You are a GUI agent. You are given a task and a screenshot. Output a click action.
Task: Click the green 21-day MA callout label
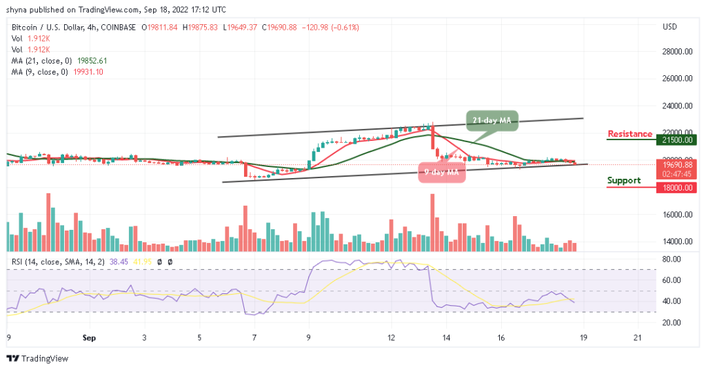pyautogui.click(x=491, y=120)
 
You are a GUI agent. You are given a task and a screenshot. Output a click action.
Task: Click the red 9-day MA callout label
pyautogui.click(x=441, y=172)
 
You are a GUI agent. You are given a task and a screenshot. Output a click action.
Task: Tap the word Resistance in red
pyautogui.click(x=629, y=134)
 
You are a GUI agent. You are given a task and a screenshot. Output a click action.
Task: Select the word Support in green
pyautogui.click(x=624, y=181)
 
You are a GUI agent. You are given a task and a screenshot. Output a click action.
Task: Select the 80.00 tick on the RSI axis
pyautogui.click(x=672, y=260)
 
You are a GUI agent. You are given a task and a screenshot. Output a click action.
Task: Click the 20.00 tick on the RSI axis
pyautogui.click(x=672, y=322)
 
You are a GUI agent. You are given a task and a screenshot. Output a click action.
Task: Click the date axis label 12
pyautogui.click(x=391, y=338)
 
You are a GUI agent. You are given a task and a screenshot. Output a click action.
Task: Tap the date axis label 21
pyautogui.click(x=638, y=338)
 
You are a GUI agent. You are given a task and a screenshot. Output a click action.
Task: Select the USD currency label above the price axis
pyautogui.click(x=669, y=27)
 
